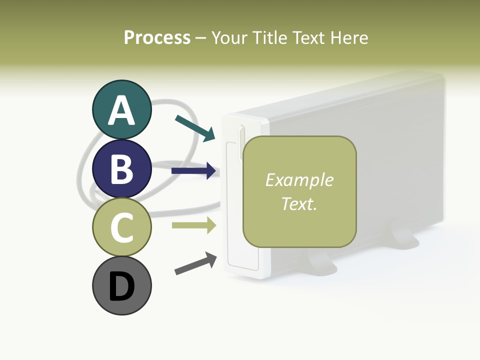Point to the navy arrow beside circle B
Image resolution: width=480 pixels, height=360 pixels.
pos(193,171)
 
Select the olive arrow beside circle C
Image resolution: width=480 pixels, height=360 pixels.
pos(193,225)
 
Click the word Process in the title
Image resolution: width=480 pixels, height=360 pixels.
pos(157,38)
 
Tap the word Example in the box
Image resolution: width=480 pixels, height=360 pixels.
pos(299,180)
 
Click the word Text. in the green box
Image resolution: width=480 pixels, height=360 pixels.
pos(299,204)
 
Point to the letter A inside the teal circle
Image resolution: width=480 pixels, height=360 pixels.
pos(121,110)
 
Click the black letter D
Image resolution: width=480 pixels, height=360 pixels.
pos(121,286)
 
